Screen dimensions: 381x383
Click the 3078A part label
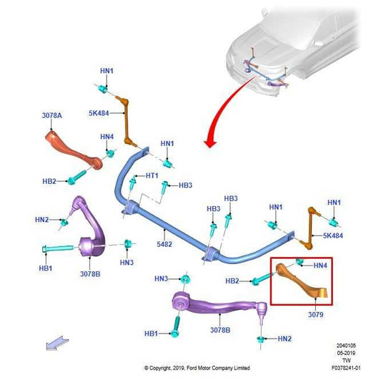click(x=51, y=115)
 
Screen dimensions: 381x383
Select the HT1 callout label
click(x=152, y=175)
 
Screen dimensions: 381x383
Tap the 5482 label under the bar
click(x=164, y=244)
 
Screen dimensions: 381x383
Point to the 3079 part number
click(x=316, y=314)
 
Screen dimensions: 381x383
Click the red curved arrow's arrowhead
click(x=209, y=143)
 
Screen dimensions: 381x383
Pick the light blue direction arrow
click(x=57, y=343)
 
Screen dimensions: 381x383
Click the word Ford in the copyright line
click(x=192, y=368)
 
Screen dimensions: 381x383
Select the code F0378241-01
click(x=346, y=368)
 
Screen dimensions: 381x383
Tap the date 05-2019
click(x=346, y=353)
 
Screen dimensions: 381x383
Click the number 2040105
click(x=346, y=346)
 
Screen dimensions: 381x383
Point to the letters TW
click(x=347, y=360)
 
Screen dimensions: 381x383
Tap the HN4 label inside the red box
click(x=320, y=266)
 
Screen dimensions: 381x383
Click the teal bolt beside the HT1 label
click(x=132, y=183)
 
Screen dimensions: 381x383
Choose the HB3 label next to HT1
click(x=185, y=185)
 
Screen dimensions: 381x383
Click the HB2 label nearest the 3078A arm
click(x=49, y=181)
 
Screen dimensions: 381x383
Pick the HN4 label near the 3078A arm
click(x=107, y=137)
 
